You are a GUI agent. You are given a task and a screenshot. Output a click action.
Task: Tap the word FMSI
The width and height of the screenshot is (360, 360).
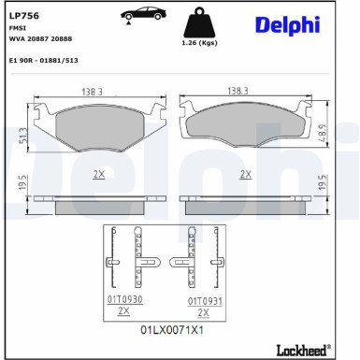18,29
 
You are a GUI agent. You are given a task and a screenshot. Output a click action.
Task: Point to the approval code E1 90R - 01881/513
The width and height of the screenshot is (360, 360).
43,59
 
